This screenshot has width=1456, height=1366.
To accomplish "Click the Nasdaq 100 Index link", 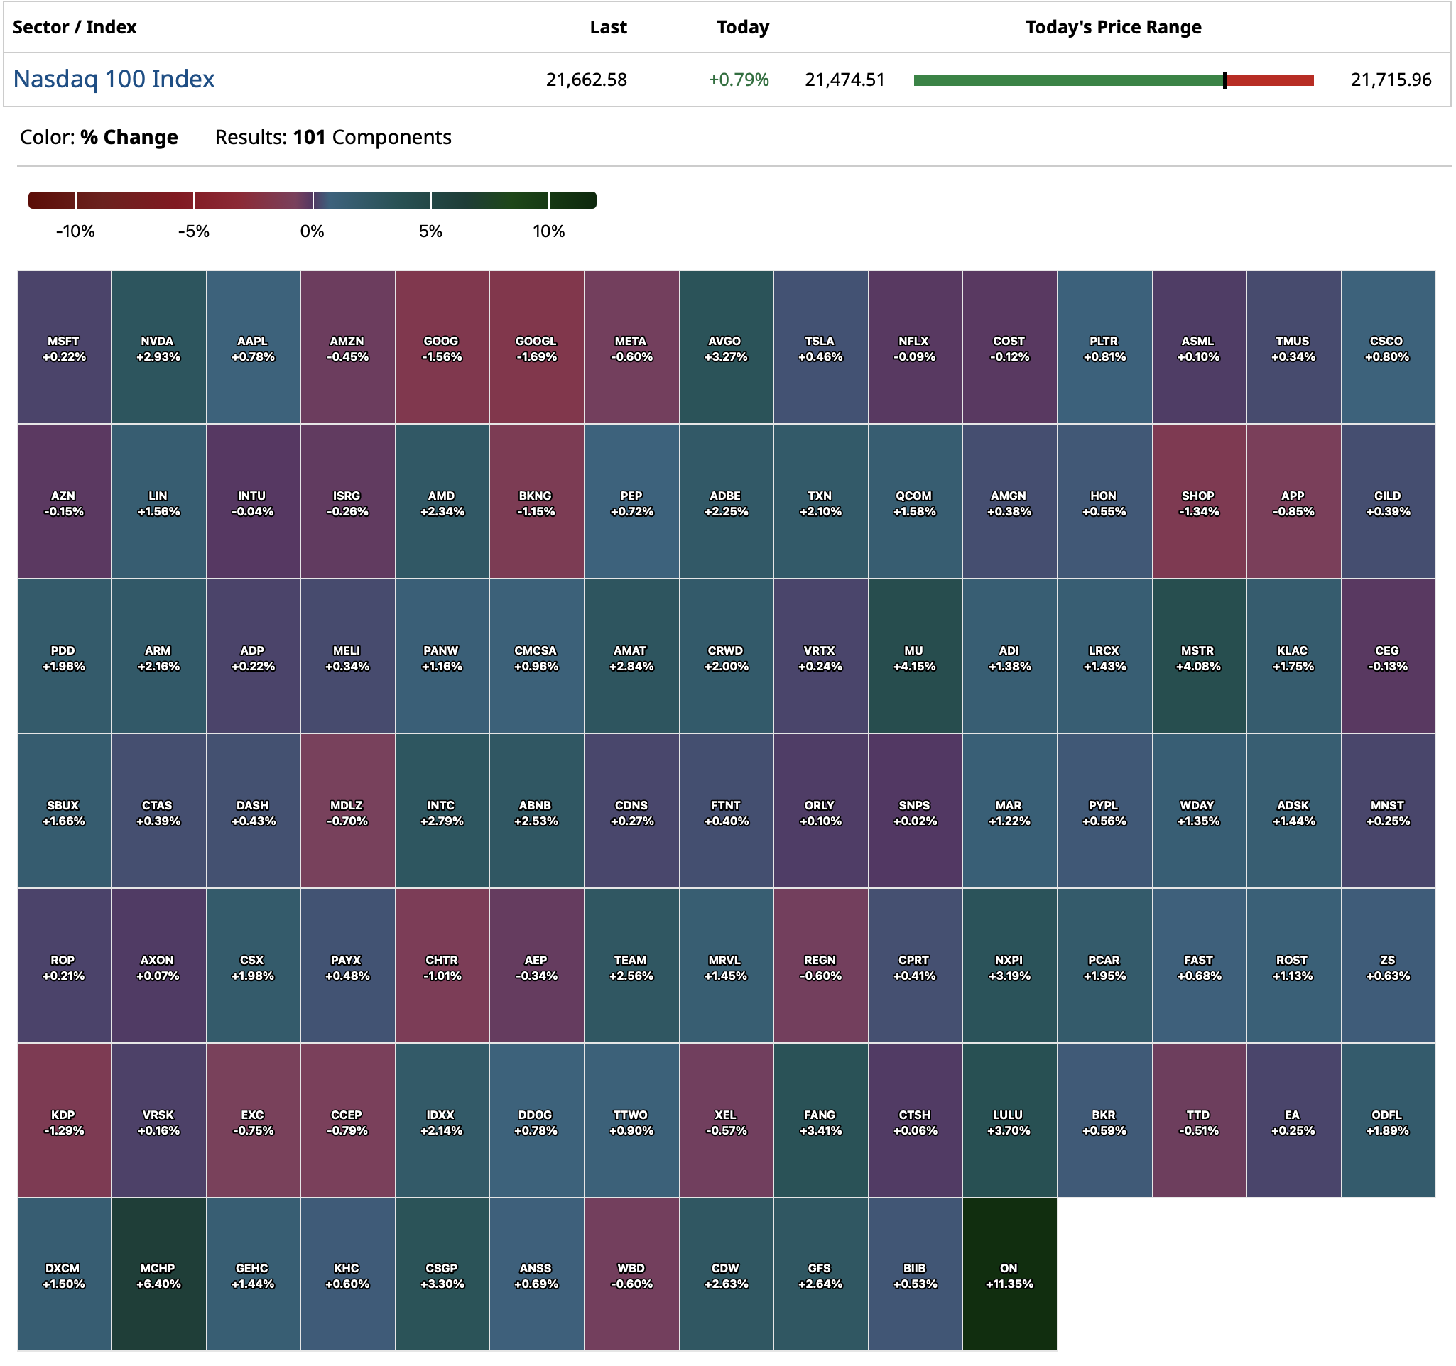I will [114, 79].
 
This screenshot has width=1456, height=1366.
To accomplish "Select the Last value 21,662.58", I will [586, 80].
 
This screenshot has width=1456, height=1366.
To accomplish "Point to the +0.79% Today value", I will [738, 80].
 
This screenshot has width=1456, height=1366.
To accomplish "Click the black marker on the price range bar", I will [1224, 80].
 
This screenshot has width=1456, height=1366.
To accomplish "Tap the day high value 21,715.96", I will [1390, 80].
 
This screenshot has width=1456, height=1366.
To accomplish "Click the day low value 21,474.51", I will [844, 80].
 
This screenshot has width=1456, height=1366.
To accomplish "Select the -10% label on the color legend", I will [75, 231].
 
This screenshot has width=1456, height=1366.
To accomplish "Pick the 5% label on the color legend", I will [430, 231].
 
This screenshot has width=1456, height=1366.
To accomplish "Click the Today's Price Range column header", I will [1112, 27].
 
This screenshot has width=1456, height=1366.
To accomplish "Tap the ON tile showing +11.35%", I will [1009, 1274].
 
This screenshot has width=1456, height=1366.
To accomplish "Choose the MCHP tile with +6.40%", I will [158, 1274].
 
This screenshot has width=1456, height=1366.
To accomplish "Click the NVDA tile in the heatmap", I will [158, 348].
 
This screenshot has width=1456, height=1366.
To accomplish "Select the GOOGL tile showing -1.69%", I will [536, 348].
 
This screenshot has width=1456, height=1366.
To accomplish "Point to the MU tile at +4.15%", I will [914, 657].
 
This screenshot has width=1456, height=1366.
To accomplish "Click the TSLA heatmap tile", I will [820, 348].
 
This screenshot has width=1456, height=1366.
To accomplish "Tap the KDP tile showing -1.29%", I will [64, 1121].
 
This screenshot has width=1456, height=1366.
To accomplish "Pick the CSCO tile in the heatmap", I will [1387, 348].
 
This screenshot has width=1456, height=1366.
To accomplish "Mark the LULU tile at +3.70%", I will [1009, 1121].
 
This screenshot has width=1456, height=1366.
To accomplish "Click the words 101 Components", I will [371, 138].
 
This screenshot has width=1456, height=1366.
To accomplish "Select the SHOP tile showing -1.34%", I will [1198, 502].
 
